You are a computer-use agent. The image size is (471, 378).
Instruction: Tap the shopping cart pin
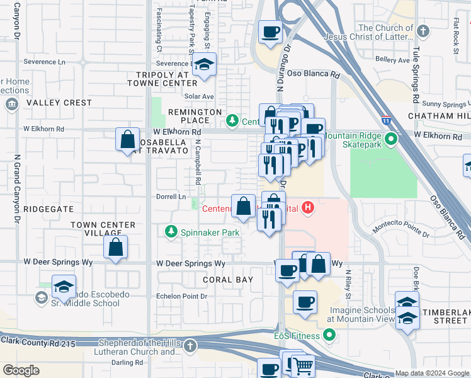pos(304,365)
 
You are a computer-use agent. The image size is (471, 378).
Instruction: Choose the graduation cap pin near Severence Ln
pos(204,65)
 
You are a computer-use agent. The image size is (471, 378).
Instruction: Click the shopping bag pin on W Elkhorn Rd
pos(127,139)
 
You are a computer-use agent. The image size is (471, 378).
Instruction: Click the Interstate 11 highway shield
pos(386,119)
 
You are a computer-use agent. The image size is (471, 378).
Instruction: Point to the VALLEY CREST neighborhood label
pos(59,103)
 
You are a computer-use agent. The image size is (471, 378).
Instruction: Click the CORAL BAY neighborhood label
pos(228,279)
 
